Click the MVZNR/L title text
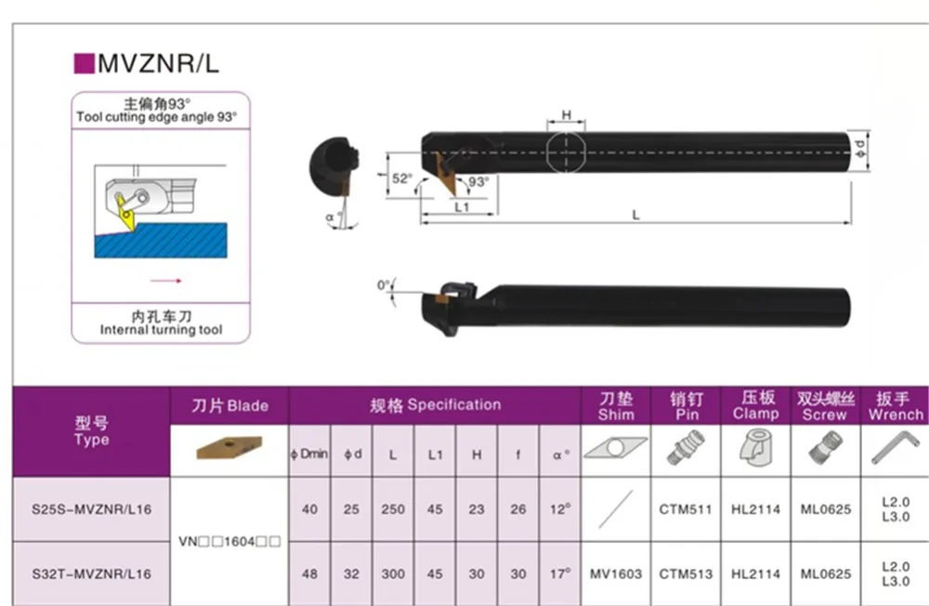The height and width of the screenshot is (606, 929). coord(158,63)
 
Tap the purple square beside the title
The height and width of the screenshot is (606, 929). coord(85,63)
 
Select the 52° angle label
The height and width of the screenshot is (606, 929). coord(402,178)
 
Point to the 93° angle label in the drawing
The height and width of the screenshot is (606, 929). coord(478,181)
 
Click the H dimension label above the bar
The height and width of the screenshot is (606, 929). coord(567,114)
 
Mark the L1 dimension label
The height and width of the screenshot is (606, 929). coord(462,207)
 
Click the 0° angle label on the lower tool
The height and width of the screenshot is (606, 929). coord(384,285)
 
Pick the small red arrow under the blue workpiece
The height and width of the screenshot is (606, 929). coord(166,281)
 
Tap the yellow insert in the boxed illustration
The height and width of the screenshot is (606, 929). coord(125,214)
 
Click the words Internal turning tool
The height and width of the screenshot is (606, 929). coord(161,330)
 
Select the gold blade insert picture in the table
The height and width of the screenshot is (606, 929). coord(229,448)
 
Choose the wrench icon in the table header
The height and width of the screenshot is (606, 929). coord(896,447)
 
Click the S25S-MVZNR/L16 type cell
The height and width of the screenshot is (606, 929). coord(91,509)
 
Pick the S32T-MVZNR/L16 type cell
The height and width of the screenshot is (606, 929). coord(91,574)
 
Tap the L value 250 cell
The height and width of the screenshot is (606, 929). coord(393,509)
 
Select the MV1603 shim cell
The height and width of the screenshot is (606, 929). coord(616,574)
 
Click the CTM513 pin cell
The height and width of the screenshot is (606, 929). coord(686,574)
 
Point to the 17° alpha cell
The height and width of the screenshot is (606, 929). coord(560,573)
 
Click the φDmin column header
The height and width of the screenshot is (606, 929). coord(309,454)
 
